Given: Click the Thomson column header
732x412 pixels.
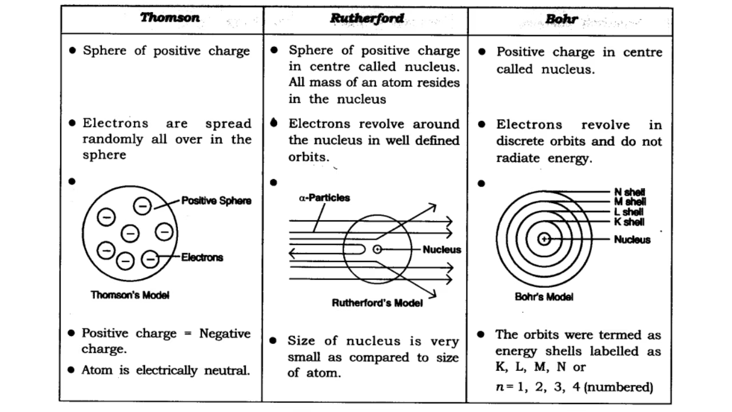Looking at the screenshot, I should point(170,18).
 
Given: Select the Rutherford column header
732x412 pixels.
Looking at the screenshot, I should point(367,18).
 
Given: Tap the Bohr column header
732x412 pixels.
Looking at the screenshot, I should point(562,19).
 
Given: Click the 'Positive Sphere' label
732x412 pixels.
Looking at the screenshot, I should point(216,201).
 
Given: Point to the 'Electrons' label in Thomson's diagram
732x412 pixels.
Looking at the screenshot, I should point(202,257).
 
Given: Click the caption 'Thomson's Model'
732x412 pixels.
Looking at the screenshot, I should point(130,295).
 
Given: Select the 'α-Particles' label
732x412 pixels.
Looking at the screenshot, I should point(324,198).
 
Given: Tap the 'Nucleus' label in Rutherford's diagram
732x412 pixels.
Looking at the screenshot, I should point(441,249).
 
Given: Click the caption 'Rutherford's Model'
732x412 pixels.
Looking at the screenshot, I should point(377,303).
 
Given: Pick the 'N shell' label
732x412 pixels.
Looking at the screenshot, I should point(630,193).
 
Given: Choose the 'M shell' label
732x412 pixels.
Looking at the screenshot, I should point(630,202).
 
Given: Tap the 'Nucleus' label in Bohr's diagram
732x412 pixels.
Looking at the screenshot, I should point(632,240).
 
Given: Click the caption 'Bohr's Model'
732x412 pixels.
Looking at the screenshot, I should point(544,297).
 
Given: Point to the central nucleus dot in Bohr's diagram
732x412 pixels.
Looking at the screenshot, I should point(544,239).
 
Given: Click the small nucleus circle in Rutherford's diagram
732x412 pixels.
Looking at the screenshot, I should point(377,249).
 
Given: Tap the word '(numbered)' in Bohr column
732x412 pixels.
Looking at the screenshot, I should point(619,387).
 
